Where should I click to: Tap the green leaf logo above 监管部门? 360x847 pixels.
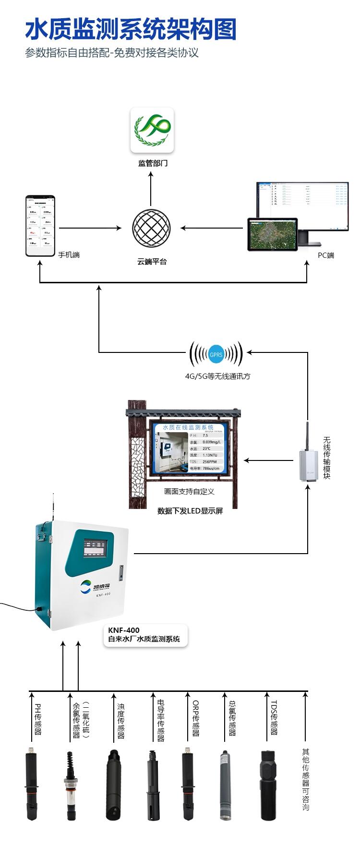tap(152, 130)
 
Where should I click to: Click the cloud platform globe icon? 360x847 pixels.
tap(151, 228)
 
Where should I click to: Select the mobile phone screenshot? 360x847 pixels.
tap(40, 226)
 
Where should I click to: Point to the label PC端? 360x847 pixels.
tap(326, 255)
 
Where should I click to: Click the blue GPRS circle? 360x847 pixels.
tap(216, 354)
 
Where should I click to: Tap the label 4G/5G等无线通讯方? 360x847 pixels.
tap(217, 376)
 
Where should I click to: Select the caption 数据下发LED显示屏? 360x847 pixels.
tap(190, 511)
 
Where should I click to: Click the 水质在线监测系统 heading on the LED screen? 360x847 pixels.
tap(188, 427)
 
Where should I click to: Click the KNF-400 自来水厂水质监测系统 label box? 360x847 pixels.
tap(144, 635)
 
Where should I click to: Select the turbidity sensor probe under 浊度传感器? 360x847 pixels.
tap(115, 785)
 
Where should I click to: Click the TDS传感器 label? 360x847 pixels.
tap(274, 718)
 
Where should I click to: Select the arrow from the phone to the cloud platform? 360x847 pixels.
tap(90, 228)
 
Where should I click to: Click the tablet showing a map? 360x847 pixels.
tap(272, 234)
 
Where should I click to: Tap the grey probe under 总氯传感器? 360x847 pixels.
tap(224, 785)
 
